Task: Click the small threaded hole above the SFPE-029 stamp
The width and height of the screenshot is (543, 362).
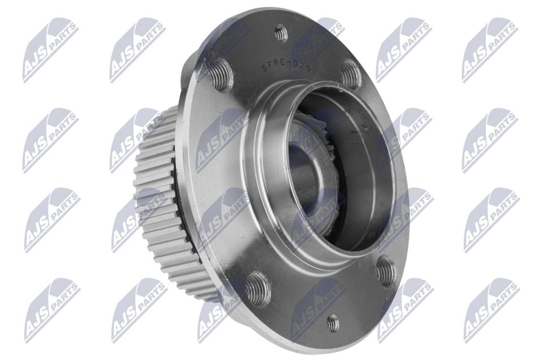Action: coord(281,34)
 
